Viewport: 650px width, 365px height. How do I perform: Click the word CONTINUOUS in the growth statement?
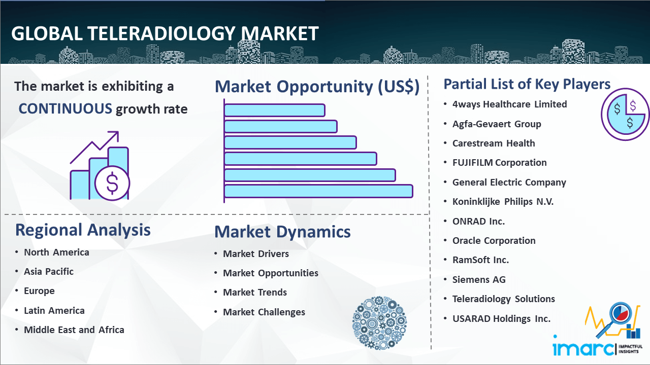66,109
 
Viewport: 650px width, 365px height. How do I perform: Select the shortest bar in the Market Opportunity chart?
275,111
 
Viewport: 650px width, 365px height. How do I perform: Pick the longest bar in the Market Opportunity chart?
318,191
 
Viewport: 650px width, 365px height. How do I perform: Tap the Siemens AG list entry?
479,279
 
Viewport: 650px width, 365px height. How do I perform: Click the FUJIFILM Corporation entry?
499,163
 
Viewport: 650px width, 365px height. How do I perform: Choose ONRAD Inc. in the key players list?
478,222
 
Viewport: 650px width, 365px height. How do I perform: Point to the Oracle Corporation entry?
494,240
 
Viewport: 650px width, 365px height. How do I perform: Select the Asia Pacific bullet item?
49,271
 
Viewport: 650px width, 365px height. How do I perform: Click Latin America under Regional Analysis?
54,311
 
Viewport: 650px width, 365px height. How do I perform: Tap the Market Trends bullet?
255,293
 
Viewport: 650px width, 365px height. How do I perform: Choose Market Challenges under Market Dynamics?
264,312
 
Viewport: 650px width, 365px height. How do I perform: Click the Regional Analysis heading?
83,230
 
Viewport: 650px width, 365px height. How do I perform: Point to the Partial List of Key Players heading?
527,84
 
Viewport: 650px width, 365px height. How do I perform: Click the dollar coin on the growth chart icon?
112,183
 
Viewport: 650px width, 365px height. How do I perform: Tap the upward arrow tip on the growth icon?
117,133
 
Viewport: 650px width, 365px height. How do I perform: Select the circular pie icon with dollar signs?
625,115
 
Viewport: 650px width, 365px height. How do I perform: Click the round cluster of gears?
379,322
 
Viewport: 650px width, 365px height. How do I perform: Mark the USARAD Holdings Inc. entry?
501,319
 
